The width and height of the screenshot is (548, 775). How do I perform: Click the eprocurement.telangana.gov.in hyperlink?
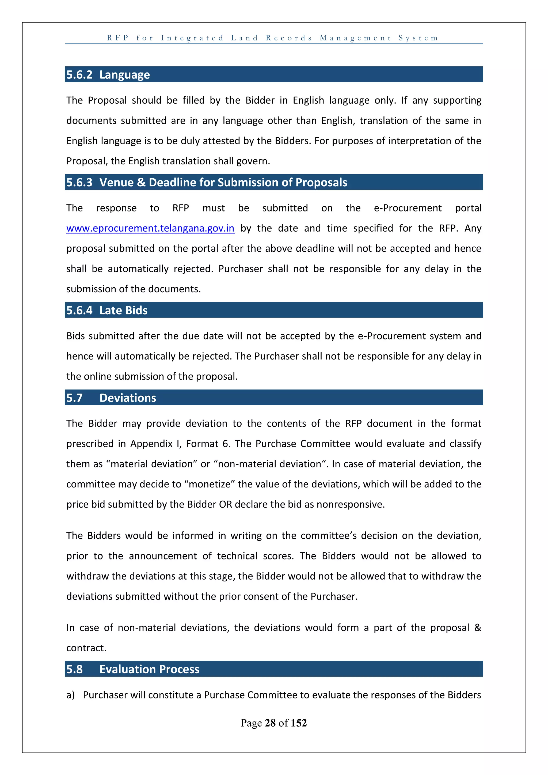coord(150,229)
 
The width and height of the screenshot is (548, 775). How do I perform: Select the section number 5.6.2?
coord(79,75)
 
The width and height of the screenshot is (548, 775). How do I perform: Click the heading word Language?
coord(124,75)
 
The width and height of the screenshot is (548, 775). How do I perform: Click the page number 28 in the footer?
coord(270,723)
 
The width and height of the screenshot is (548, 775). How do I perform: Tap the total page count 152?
coord(299,723)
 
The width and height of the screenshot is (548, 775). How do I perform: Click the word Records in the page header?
coord(289,38)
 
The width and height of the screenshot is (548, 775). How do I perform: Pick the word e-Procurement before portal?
coord(407,208)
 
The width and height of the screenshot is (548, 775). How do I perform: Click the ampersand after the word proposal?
coord(477,627)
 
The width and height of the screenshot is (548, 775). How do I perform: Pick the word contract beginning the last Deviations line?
coord(86,648)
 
